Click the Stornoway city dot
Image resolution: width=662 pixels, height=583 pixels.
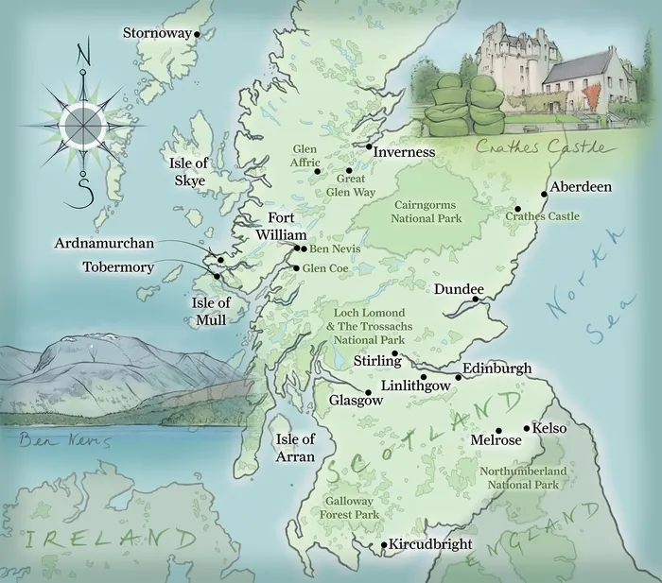(198, 34)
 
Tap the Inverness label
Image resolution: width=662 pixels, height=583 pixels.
(404, 152)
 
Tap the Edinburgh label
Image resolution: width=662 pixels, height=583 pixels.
(497, 369)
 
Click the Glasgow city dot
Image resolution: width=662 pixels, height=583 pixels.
(368, 392)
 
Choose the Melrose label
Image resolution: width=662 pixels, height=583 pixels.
(496, 440)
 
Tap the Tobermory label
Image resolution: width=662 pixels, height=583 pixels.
(118, 267)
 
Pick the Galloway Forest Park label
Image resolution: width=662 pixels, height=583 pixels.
(352, 507)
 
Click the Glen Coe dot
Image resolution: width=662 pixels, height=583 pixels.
(296, 268)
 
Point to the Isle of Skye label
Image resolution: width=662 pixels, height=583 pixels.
(188, 172)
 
